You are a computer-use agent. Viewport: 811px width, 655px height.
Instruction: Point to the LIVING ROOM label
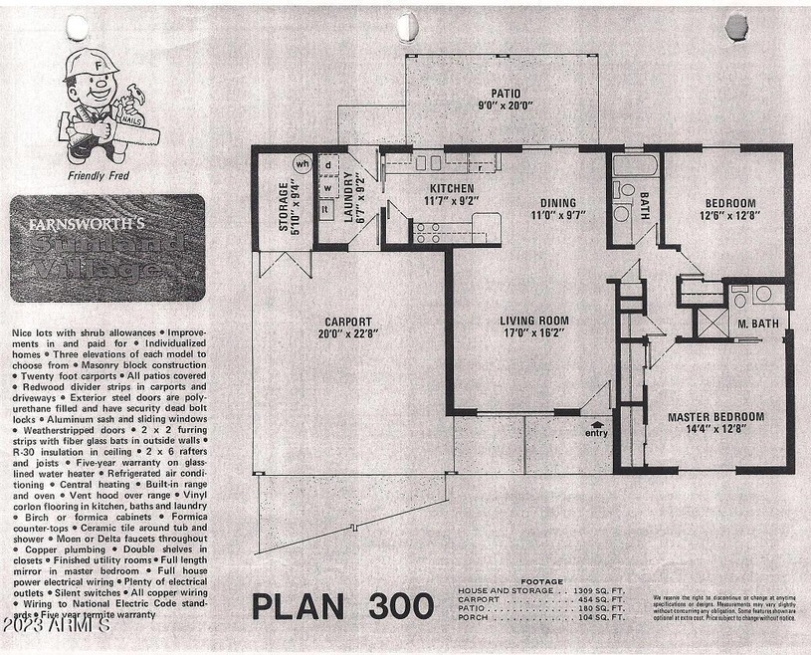click(x=534, y=321)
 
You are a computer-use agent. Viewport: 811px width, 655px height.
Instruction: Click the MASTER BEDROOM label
click(x=714, y=417)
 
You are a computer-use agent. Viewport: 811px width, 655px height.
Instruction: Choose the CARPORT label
click(x=348, y=322)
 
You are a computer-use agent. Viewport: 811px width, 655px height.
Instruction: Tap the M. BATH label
click(x=757, y=325)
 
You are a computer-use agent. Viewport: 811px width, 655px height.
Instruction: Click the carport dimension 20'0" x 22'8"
click(x=348, y=335)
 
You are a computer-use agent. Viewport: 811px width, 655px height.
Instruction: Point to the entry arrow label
click(x=596, y=432)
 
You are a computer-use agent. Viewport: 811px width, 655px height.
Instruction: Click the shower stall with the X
click(x=710, y=325)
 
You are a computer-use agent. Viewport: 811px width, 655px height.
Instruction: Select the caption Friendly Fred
click(x=98, y=176)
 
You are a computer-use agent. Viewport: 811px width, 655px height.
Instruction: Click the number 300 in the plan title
click(x=397, y=605)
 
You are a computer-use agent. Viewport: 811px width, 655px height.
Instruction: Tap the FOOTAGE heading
click(x=541, y=581)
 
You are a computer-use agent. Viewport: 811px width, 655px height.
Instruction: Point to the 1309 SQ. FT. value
click(x=602, y=590)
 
